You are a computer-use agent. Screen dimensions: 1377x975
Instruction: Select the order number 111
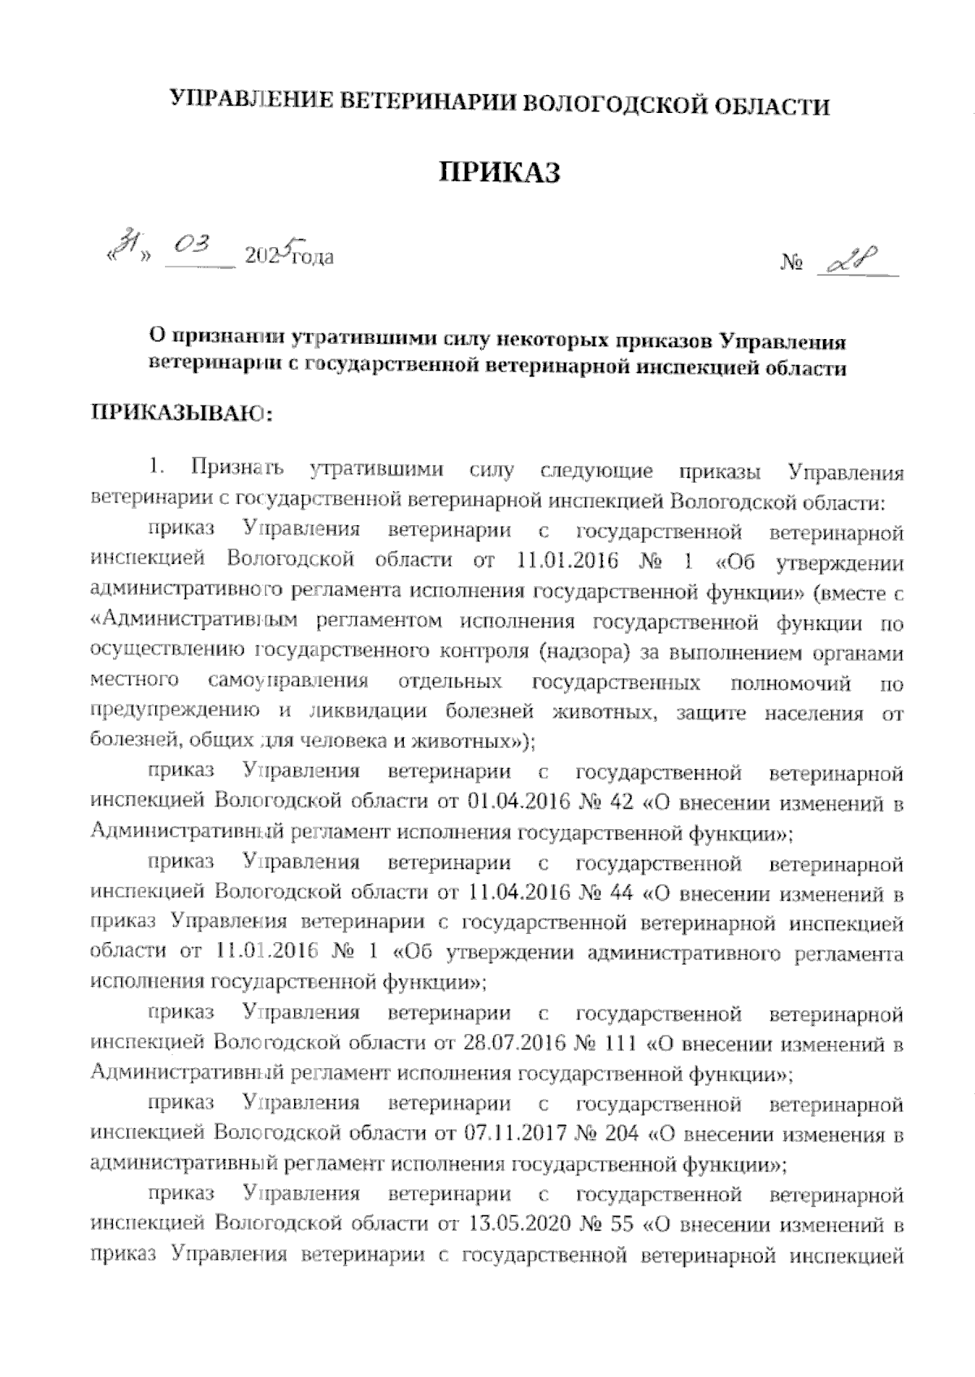(x=626, y=1044)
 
